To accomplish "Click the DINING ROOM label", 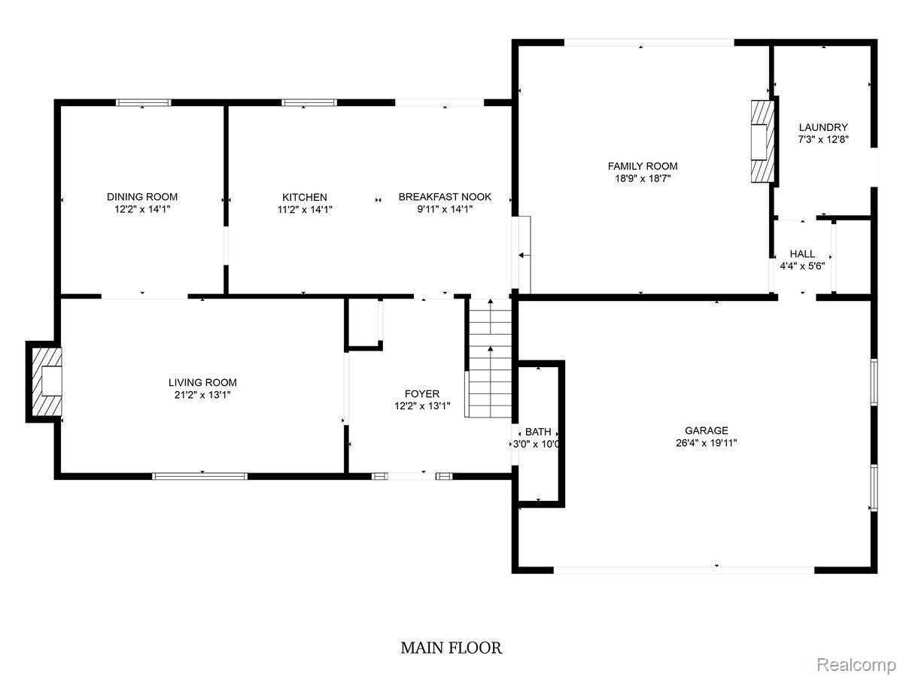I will [142, 197].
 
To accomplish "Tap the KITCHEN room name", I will [304, 197].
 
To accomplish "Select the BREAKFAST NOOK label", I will [445, 197].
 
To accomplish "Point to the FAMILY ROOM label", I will [643, 166].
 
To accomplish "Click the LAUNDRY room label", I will [823, 128].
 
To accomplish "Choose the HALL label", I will [802, 254].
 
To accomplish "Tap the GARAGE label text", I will [706, 430].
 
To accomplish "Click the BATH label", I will [538, 432].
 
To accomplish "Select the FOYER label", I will [421, 393].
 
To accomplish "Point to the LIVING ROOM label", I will [202, 382].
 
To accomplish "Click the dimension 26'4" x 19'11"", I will [706, 443].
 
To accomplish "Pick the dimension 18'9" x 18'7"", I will [643, 179].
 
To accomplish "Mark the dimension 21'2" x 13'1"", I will [202, 395].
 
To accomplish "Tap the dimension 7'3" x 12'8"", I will [823, 140].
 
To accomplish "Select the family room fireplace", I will [762, 140].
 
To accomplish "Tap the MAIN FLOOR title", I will [451, 648].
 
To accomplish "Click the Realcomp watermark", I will [856, 664].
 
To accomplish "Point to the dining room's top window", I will [143, 103].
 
